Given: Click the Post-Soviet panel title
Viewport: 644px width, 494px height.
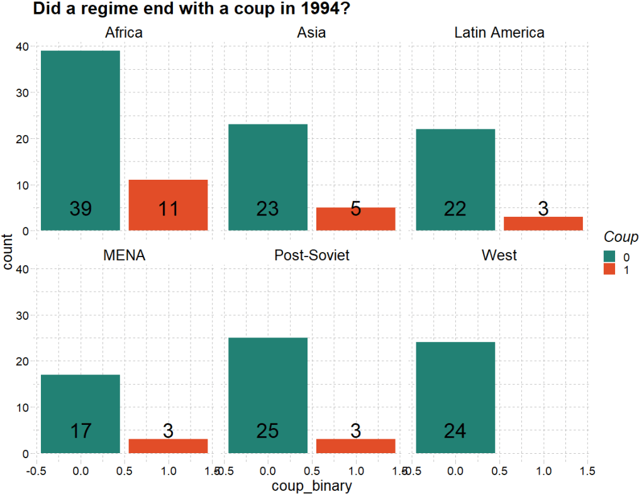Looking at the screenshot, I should tap(311, 256).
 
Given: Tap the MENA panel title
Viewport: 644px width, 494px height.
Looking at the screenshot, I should tap(124, 256).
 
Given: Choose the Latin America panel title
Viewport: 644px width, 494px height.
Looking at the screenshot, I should tap(499, 33).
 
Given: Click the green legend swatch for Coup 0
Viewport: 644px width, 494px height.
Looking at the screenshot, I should tap(609, 256).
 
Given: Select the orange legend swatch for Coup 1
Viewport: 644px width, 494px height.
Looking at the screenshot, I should tap(609, 269).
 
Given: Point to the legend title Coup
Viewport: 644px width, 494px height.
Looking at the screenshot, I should tap(621, 237).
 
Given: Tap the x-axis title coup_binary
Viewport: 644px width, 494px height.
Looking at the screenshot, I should tap(311, 486).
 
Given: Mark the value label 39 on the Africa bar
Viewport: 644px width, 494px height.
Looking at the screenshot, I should tap(80, 209).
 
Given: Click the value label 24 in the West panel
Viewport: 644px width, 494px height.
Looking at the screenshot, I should tap(455, 431).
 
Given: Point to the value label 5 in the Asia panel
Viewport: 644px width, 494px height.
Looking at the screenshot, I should tap(355, 209).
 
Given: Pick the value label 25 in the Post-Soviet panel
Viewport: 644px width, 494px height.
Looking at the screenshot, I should tap(268, 431).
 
